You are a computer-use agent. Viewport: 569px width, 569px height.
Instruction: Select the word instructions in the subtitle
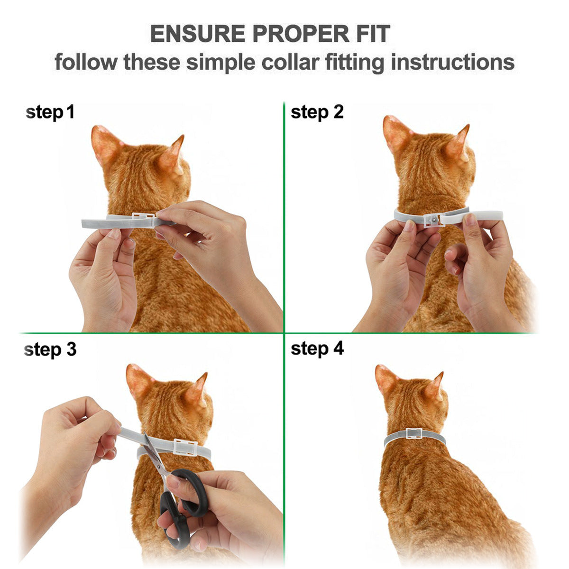452,62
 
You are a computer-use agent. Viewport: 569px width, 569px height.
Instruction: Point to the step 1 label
50,113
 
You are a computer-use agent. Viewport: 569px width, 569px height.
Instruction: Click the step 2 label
317,112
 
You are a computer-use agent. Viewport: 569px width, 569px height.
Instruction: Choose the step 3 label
50,349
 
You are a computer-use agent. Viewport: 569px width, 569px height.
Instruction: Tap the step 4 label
317,349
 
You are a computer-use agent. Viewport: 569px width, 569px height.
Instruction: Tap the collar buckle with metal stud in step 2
432,219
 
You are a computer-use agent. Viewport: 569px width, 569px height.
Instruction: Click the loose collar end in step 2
484,216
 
